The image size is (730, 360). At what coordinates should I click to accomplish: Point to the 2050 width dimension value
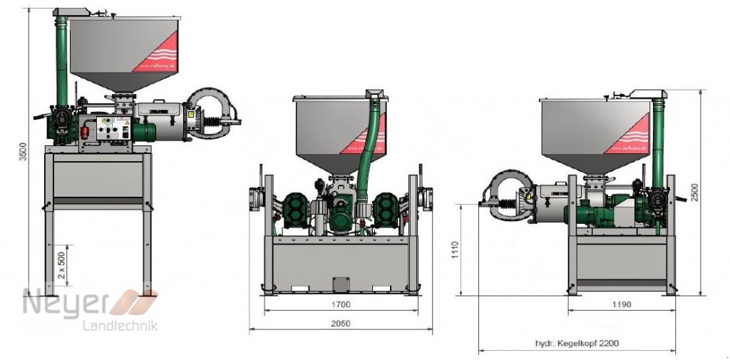341,323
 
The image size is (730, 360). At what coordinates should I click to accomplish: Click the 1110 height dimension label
455,250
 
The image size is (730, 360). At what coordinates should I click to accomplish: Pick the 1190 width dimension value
621,304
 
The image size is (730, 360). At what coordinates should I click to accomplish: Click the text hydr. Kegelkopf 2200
577,343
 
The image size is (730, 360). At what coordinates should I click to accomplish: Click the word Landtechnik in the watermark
121,326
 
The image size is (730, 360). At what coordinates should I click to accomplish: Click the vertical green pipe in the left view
62,64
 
